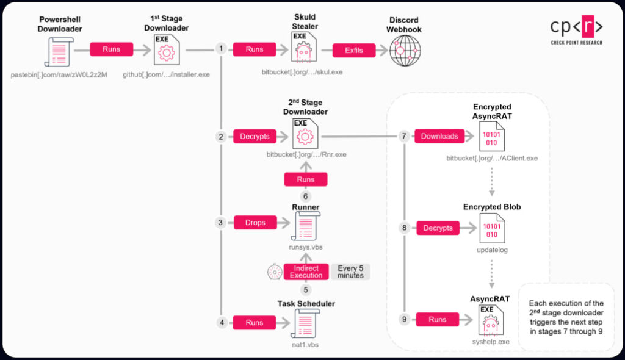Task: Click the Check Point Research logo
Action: [576, 30]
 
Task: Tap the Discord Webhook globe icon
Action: [405, 51]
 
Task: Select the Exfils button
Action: [354, 50]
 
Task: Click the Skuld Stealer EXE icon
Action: [304, 48]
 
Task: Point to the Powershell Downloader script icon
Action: [59, 52]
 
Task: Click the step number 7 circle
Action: [404, 136]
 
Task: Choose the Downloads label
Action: [439, 136]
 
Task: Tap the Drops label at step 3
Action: [255, 223]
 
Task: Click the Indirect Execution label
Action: [306, 272]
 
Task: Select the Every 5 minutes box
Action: [350, 272]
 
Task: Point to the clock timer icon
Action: [275, 272]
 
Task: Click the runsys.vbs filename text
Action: [306, 247]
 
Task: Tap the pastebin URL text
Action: [59, 75]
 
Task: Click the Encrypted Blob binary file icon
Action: [492, 228]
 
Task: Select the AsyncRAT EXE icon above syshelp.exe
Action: [491, 321]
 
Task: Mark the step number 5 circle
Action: [306, 290]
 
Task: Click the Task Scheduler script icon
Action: [305, 323]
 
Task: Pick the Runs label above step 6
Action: [306, 179]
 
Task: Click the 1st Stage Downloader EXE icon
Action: [167, 50]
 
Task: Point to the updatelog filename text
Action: [493, 250]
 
